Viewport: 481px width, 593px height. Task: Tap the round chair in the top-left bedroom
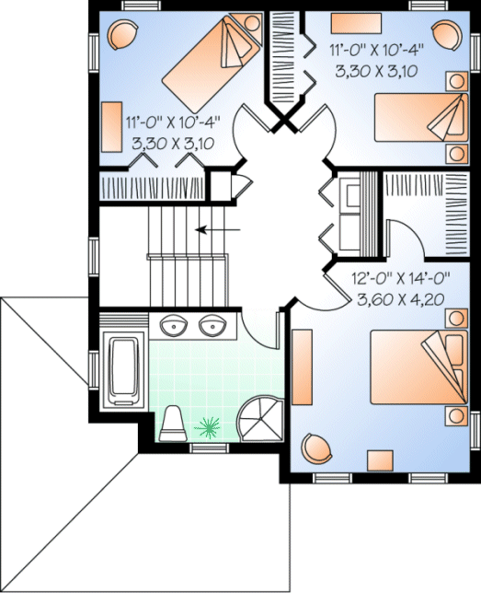[121, 34]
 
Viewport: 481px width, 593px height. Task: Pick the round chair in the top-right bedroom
[443, 35]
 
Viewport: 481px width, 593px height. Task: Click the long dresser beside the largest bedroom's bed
[303, 369]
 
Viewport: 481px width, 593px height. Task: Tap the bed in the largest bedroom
[415, 365]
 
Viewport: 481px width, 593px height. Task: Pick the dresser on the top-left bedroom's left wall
[113, 125]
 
